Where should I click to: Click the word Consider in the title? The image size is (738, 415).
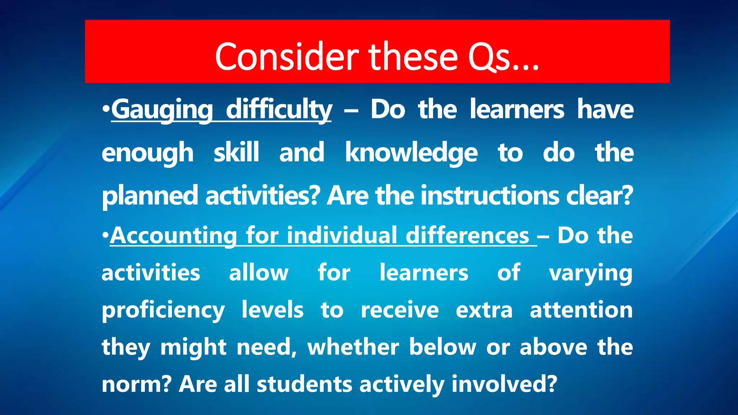286,57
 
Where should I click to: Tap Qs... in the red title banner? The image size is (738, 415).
503,57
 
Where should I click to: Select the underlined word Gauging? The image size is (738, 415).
162,110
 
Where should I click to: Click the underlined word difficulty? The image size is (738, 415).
279,110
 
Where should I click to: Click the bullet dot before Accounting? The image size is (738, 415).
105,235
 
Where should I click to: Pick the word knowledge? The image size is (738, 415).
411,153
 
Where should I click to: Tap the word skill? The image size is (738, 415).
236,152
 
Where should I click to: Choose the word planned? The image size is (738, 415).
149,196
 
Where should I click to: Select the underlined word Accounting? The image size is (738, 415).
173,236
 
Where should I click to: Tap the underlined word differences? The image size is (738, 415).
467,236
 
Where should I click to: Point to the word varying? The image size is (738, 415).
591,273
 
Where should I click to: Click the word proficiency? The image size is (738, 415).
163,310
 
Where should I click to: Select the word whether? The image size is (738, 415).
353,347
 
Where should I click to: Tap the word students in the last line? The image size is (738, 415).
304,384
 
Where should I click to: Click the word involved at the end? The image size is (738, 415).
504,384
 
